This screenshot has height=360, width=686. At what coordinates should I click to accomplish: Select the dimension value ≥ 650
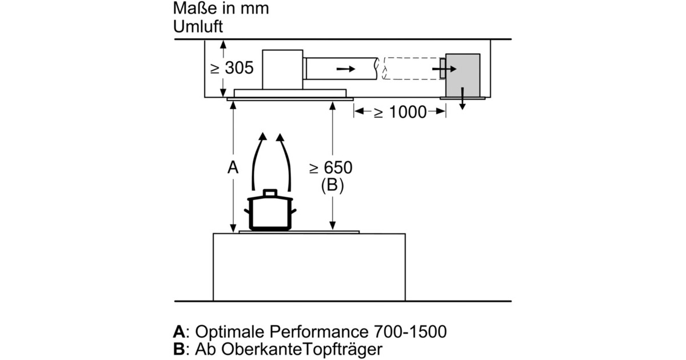coord(331,167)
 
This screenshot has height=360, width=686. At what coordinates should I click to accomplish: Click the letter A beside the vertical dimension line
coord(232,167)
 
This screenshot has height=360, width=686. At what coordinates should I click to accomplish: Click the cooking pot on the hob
coord(270,211)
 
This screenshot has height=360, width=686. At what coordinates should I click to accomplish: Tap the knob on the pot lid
coord(270,193)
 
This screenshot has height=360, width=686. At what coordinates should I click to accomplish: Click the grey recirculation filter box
coord(462,75)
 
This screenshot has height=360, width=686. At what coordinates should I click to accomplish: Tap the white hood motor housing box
coord(282,70)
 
